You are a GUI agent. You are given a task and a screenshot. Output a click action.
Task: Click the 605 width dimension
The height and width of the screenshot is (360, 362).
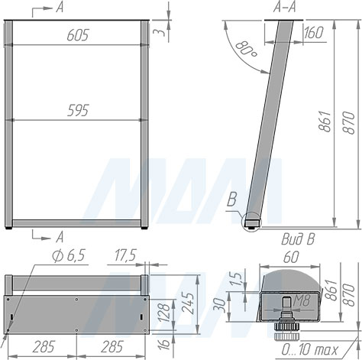pos(78,35)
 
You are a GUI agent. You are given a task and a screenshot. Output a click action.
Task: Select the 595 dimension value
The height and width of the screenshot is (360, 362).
pos(78,110)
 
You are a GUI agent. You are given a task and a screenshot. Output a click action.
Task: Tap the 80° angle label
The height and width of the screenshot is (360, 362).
pos(246,49)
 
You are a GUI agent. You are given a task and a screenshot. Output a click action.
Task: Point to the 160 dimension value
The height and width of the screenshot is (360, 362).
pos(314,32)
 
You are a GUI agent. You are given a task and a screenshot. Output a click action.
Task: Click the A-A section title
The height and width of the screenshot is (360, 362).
pos(285,8)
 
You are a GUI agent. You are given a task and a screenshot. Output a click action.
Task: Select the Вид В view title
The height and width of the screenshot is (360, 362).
pos(298,239)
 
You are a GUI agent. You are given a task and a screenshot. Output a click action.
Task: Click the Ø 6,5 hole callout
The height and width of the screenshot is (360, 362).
pos(69,255)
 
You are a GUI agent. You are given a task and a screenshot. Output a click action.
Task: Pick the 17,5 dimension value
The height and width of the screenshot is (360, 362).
pos(125,255)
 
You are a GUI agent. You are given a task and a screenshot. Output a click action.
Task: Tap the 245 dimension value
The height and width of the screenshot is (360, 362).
pos(189,303)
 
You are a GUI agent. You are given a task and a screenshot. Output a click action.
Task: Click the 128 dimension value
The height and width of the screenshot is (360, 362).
pos(165,312)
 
